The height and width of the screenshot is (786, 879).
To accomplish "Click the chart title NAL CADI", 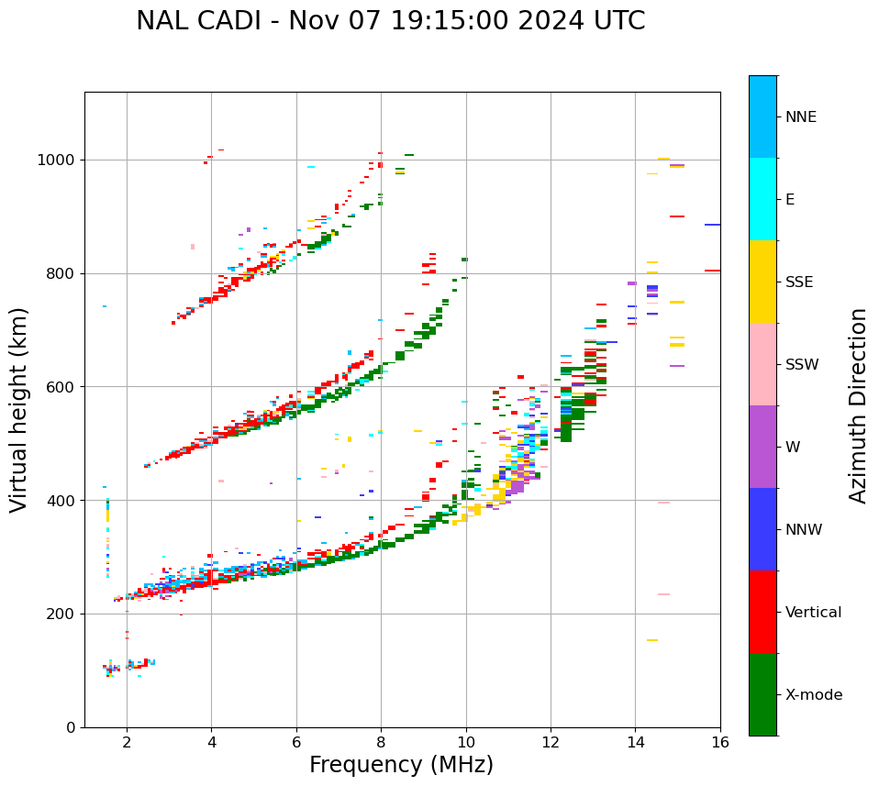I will tap(390, 21).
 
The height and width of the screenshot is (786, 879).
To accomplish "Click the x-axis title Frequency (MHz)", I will tap(401, 765).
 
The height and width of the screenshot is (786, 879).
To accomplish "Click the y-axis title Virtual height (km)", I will tap(19, 409).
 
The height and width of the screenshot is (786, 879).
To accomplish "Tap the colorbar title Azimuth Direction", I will tap(858, 404).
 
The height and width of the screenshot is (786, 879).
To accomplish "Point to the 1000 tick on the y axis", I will tap(60, 160).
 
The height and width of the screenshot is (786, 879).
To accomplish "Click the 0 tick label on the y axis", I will tap(72, 727).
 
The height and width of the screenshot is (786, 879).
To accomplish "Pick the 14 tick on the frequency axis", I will tap(635, 742).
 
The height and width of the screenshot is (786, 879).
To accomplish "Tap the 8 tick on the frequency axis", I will tap(381, 742).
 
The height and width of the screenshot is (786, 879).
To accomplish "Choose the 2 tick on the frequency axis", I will tap(127, 742).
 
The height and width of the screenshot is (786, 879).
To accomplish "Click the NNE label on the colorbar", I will tap(800, 117).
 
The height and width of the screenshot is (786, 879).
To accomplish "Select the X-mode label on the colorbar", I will tap(813, 695).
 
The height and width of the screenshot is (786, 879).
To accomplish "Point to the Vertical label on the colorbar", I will tap(813, 613).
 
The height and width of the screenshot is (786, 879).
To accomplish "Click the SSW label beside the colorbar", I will tap(801, 365).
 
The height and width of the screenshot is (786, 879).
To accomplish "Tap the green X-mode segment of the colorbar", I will tap(762, 694).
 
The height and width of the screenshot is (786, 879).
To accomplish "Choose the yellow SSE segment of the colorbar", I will tap(762, 282).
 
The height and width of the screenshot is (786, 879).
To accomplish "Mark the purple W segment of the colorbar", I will tap(762, 447).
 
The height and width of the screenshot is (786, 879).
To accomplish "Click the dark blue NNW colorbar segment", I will tap(762, 529).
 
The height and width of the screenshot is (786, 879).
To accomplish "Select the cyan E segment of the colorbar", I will tap(762, 199).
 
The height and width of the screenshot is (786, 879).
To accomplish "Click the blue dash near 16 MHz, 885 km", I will tap(712, 225).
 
